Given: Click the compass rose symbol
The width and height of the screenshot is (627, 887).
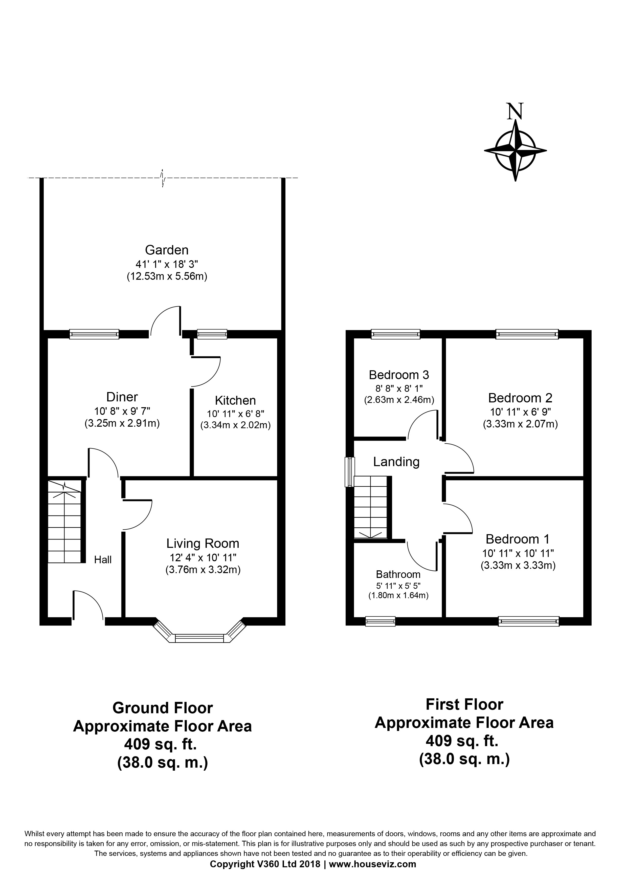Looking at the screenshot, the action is point(516,151).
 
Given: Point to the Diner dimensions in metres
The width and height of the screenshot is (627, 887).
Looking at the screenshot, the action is point(122,423).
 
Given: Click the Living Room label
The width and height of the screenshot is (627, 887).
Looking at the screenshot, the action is point(203,544).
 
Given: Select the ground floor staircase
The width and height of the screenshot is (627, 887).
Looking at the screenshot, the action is point(64,521).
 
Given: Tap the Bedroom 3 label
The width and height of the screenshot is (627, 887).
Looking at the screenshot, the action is point(399,375).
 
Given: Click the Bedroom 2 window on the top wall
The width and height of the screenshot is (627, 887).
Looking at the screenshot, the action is point(527,334).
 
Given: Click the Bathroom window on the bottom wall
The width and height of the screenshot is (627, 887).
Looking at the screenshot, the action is point(380,621).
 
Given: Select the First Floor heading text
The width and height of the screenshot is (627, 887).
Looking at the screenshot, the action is point(464,704).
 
